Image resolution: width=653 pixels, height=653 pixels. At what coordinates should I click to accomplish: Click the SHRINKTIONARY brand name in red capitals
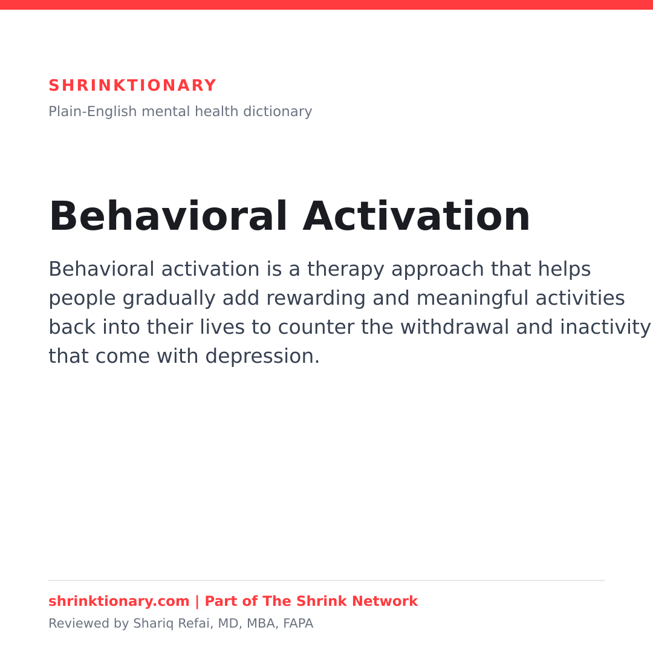[132, 85]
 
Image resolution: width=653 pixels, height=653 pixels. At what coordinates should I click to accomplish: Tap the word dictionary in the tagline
[278, 112]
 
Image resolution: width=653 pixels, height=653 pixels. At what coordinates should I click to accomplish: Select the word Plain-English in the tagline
[93, 112]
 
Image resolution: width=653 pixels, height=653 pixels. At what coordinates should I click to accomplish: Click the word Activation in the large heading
[417, 216]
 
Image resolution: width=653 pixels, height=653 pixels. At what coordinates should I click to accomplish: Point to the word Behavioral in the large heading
[168, 216]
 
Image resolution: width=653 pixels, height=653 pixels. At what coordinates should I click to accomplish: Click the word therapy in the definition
[346, 270]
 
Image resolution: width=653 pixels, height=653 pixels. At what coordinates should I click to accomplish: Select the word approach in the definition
[438, 270]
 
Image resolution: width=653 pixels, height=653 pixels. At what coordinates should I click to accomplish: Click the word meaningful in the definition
[472, 298]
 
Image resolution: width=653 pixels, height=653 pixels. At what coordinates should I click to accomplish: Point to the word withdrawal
[455, 327]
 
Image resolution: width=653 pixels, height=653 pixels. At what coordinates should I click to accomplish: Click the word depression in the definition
[262, 357]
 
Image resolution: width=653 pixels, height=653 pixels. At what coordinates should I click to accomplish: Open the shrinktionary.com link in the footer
[119, 602]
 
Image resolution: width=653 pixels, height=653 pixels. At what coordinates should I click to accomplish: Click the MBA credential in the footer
[262, 624]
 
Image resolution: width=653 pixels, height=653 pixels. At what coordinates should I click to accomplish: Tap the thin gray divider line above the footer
[326, 580]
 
